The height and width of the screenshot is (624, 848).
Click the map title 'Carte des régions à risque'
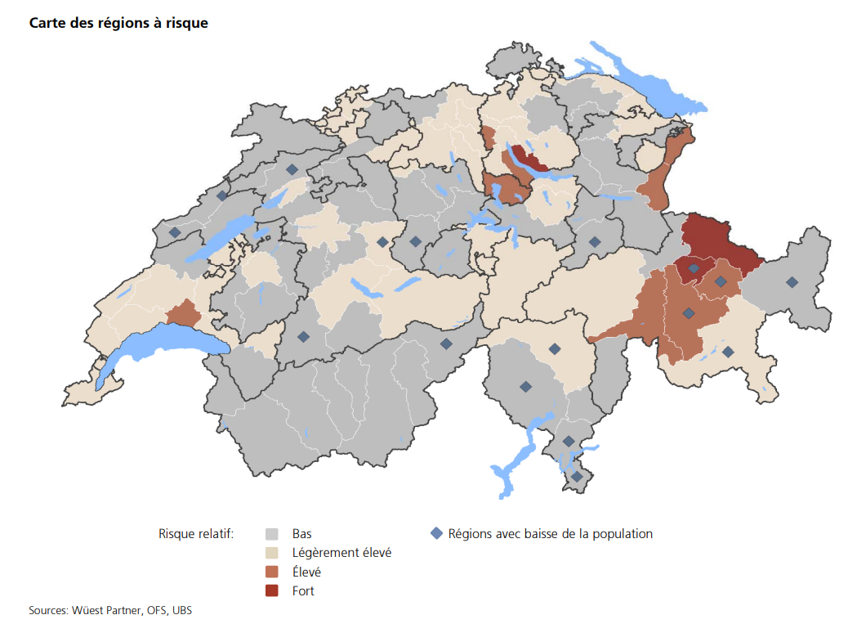[x=118, y=24]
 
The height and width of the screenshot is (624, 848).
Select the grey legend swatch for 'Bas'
[x=273, y=534]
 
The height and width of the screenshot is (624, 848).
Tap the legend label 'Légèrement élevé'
[x=341, y=553]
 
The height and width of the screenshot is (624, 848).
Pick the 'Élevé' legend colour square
[x=273, y=572]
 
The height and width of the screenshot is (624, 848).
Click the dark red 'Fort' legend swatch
[x=273, y=590]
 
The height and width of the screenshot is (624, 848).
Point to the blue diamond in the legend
[x=436, y=534]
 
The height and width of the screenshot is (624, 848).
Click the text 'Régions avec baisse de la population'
[x=551, y=534]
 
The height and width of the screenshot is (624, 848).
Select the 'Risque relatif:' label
[x=196, y=534]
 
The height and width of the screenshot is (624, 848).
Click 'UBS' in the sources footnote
[x=181, y=610]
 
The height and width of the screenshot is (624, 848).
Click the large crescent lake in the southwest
[x=159, y=348]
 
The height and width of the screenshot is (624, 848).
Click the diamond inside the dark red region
[x=693, y=267]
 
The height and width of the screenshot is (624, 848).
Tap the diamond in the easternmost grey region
[x=791, y=282]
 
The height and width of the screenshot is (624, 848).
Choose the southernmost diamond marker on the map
[x=576, y=477]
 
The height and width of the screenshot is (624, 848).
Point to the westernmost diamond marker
[x=174, y=232]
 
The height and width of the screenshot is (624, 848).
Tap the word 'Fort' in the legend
[x=303, y=590]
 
